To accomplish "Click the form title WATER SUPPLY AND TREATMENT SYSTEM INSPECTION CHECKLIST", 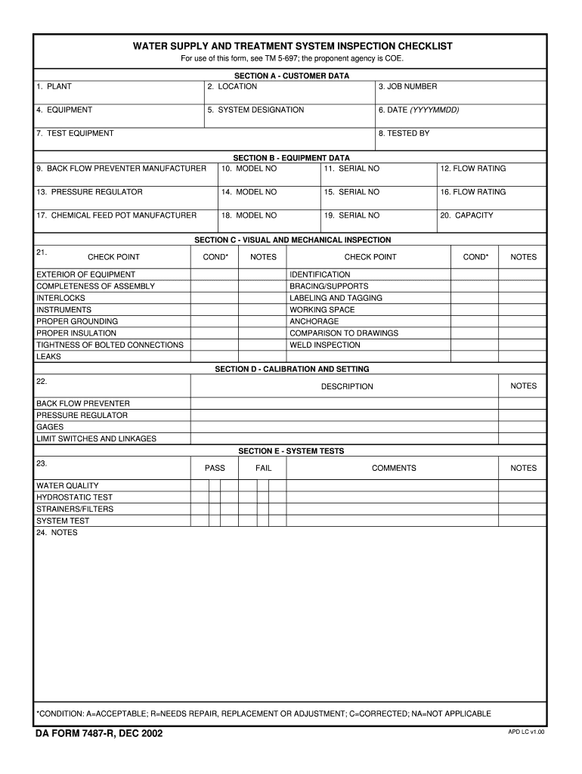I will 293,46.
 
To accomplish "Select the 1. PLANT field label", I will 54,87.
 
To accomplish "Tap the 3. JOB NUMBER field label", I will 407,87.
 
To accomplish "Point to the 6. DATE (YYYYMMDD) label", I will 419,110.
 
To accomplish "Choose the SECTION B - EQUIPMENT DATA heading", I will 291,158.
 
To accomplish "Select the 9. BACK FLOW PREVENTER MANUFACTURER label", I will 121,169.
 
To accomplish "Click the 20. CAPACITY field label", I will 466,215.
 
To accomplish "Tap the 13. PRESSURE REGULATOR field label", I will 89,192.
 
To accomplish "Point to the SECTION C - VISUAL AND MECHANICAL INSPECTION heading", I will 293,240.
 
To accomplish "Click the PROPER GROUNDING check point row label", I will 77,321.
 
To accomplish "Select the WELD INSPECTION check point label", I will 325,345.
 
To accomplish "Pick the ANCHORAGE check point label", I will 314,321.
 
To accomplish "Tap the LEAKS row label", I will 48,357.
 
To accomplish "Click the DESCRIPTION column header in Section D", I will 347,386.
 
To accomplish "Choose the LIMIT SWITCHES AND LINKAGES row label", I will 97,438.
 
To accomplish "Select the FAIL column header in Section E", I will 263,468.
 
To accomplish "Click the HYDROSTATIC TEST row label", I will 74,497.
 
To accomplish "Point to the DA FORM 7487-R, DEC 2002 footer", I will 98,733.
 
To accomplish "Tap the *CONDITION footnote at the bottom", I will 264,714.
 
